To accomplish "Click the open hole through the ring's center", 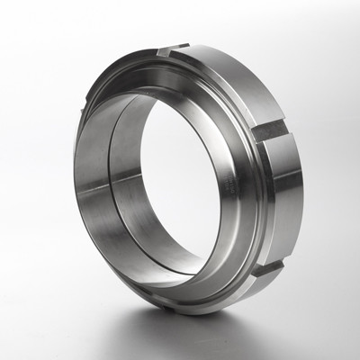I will click(180, 180).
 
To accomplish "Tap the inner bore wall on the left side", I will click(99, 180).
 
